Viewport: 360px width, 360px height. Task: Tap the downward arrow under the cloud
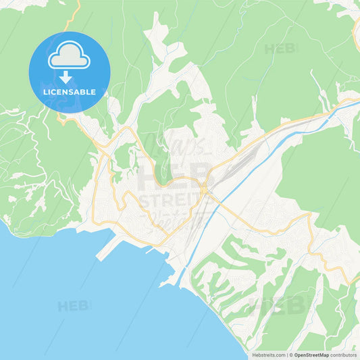(x=70, y=77)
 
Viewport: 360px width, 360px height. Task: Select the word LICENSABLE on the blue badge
(x=70, y=92)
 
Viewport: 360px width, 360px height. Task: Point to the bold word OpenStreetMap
(x=310, y=354)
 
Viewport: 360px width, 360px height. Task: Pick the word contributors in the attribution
(x=344, y=354)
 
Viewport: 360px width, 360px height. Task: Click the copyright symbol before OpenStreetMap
(x=291, y=354)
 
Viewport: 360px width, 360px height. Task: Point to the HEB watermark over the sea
(x=73, y=306)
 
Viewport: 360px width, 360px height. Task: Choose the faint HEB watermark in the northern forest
(x=280, y=49)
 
